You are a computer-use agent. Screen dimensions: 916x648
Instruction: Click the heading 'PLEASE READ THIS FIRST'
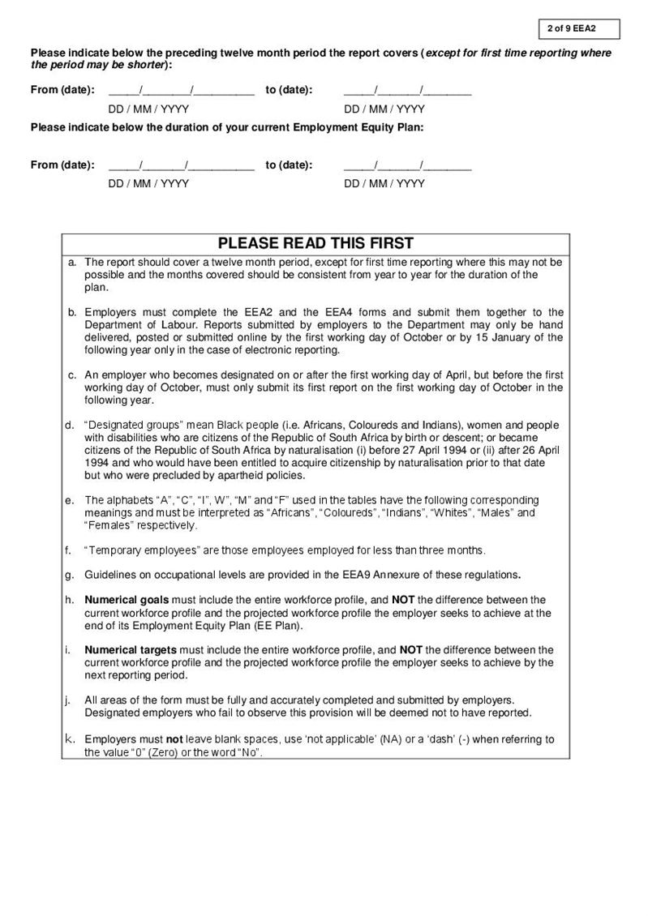pos(315,243)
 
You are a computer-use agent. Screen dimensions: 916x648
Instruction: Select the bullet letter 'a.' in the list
pos(73,263)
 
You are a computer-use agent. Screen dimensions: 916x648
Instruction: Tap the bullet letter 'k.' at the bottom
pos(70,739)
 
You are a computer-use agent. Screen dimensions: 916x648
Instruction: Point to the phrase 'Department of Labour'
pos(135,325)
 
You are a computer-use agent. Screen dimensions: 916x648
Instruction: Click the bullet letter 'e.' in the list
pos(70,500)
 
